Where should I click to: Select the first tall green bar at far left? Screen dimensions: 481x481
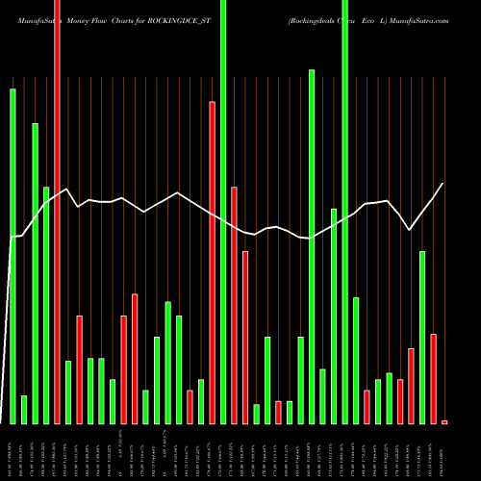click(13, 256)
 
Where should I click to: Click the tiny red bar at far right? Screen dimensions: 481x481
click(444, 421)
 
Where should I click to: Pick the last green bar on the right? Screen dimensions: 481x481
click(422, 337)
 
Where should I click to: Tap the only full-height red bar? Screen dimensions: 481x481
click(57, 212)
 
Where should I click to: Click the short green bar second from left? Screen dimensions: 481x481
click(24, 409)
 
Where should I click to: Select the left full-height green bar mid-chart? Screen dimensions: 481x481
click(223, 212)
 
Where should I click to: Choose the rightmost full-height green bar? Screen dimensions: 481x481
click(344, 212)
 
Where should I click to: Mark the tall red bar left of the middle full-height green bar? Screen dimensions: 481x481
click(213, 262)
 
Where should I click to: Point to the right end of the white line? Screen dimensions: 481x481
click(443, 184)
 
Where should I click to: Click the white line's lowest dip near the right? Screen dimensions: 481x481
click(411, 230)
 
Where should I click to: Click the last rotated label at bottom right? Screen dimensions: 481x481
click(444, 452)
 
